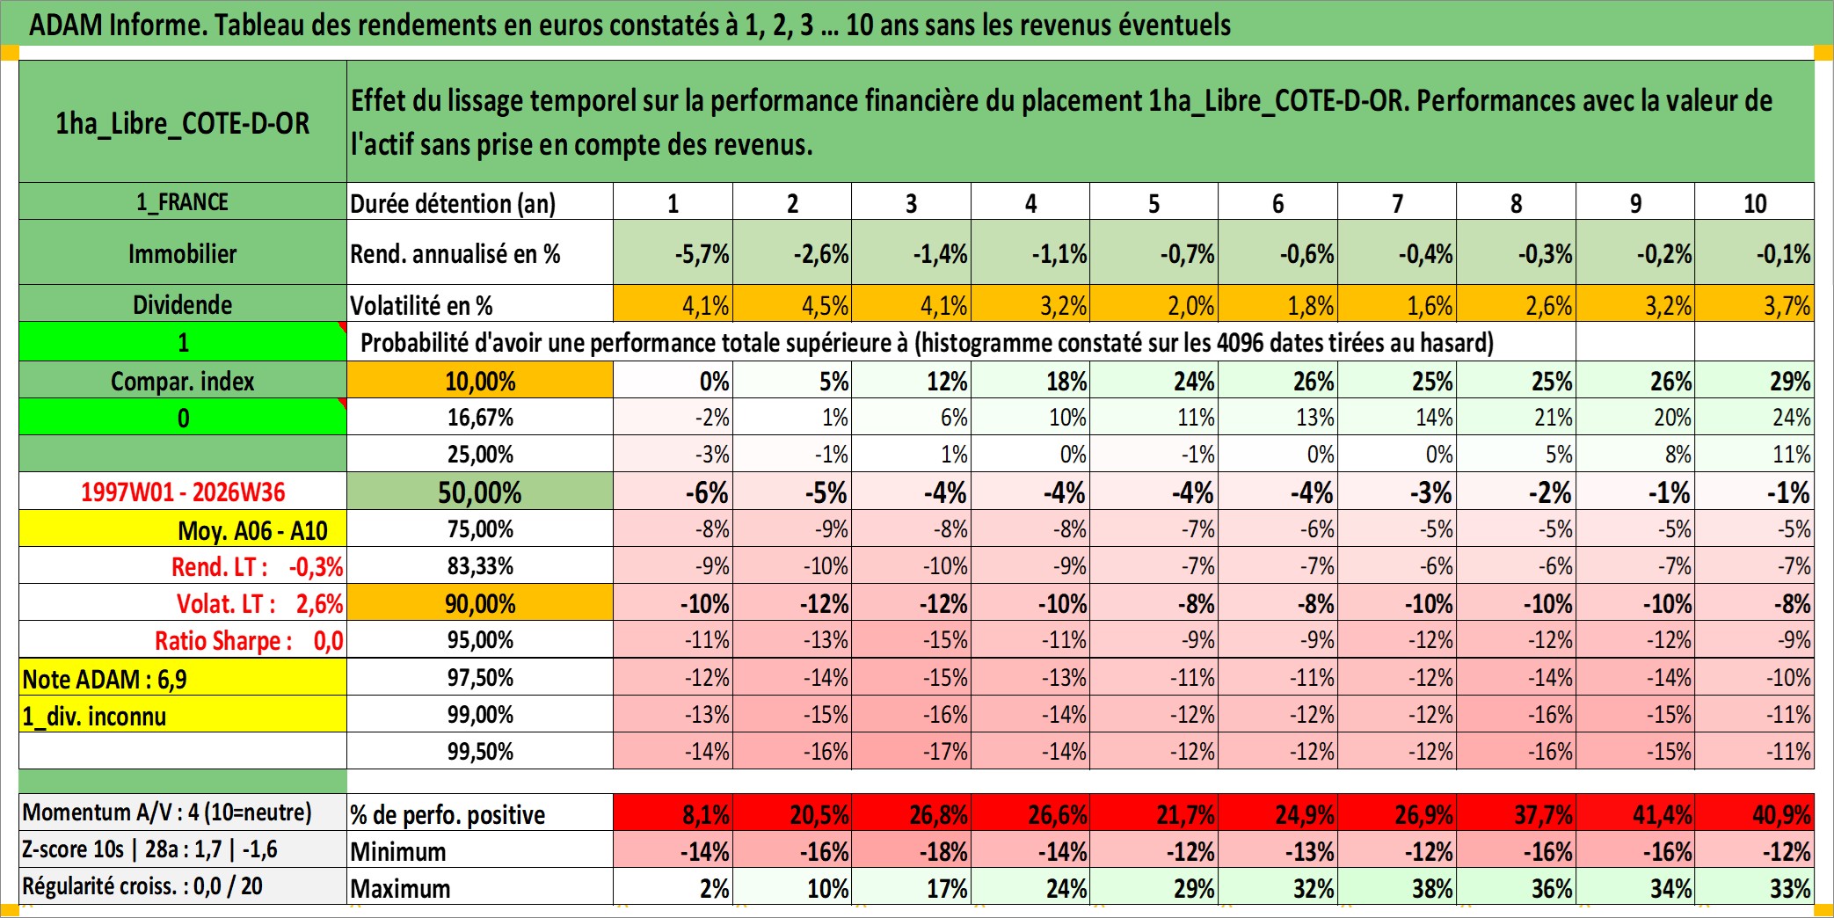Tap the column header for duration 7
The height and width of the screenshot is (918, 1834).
tap(1397, 203)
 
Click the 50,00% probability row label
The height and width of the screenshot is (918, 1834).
tap(480, 492)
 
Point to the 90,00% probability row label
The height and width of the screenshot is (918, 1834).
tap(480, 603)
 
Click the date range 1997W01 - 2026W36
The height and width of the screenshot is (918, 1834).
tap(183, 492)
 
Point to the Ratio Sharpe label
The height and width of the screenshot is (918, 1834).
tap(223, 640)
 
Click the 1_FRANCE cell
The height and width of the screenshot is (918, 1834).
tap(183, 201)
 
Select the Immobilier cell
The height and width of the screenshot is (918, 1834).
tap(183, 253)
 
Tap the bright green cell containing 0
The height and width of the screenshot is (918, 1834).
tap(183, 417)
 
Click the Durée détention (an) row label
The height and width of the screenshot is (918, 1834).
tap(453, 203)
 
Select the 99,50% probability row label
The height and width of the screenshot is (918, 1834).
tap(480, 751)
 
